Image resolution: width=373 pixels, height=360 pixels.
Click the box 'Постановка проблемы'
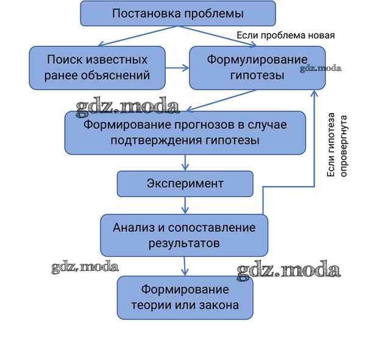pyautogui.click(x=178, y=13)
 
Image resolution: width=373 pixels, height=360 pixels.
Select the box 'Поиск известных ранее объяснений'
pyautogui.click(x=97, y=68)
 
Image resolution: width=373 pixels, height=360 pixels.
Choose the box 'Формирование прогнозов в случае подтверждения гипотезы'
pyautogui.click(x=185, y=132)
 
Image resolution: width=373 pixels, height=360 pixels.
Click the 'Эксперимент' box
pyautogui.click(x=185, y=183)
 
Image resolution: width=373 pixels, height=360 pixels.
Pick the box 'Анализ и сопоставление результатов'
pyautogui.click(x=183, y=235)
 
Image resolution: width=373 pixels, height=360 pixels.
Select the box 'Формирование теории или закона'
pyautogui.click(x=185, y=297)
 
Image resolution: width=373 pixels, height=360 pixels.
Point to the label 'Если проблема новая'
pyautogui.click(x=285, y=35)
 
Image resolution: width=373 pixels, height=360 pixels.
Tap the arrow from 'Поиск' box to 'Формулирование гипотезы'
pyautogui.click(x=177, y=68)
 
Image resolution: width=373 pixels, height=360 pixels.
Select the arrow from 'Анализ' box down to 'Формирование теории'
pyautogui.click(x=185, y=265)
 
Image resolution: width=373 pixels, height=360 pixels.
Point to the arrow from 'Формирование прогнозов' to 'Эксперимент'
pyautogui.click(x=185, y=162)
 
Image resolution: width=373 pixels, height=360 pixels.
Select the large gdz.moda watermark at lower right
pyautogui.click(x=288, y=269)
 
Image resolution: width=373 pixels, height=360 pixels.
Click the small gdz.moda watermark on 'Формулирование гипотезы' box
pyautogui.click(x=321, y=68)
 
